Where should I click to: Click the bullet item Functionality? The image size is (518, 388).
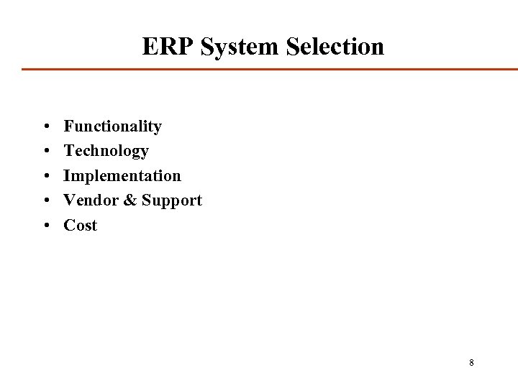[112, 126]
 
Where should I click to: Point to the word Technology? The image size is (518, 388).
[106, 151]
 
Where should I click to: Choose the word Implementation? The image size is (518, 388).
[122, 175]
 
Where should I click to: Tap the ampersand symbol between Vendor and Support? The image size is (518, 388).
[129, 200]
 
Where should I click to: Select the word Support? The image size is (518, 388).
[171, 200]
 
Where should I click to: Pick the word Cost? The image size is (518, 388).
[80, 225]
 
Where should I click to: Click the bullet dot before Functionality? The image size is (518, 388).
[45, 127]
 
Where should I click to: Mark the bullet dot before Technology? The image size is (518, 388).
[45, 152]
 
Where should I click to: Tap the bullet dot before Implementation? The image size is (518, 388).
[45, 176]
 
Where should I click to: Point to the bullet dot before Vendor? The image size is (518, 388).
[45, 200]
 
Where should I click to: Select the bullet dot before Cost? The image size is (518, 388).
[45, 226]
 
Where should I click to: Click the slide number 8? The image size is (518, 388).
[471, 362]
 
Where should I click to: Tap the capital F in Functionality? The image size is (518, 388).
[68, 126]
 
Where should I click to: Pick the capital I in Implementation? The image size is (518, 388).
[67, 175]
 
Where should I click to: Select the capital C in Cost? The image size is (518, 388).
[69, 225]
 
